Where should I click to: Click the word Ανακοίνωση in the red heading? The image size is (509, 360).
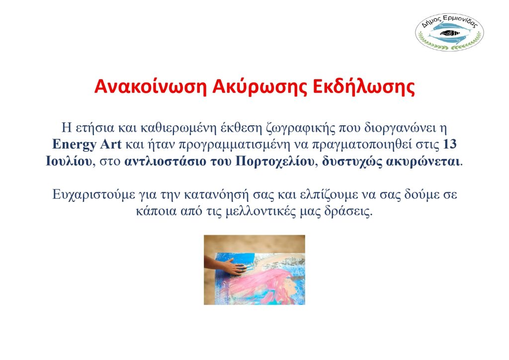pos(150,87)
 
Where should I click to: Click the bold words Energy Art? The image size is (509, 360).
pos(86,145)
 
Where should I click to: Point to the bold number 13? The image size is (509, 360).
pos(449,144)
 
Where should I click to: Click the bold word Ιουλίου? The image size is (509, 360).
pos(69,161)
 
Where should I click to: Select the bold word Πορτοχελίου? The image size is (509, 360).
pos(274,161)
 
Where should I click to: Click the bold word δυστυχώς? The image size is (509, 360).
pos(352,162)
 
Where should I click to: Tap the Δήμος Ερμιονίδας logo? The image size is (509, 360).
pos(449,32)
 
